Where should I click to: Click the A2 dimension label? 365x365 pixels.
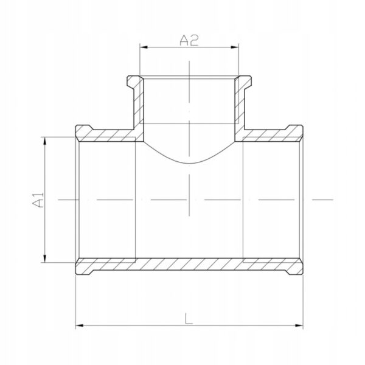click(189, 40)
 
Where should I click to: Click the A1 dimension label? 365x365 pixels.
click(38, 200)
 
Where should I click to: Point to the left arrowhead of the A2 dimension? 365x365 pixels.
click(144, 47)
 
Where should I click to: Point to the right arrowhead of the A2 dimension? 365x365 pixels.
click(235, 47)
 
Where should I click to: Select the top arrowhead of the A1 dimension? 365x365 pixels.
click(44, 141)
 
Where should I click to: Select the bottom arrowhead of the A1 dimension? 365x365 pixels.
click(44, 259)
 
